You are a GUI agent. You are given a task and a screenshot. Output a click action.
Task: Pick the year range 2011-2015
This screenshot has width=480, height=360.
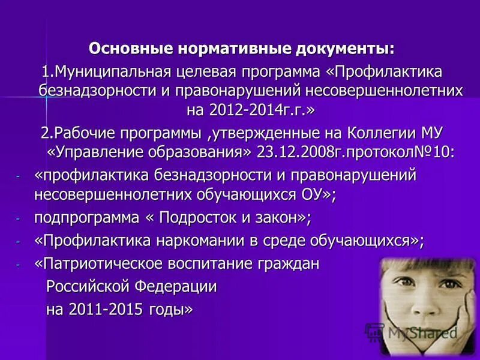pos(104,309)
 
